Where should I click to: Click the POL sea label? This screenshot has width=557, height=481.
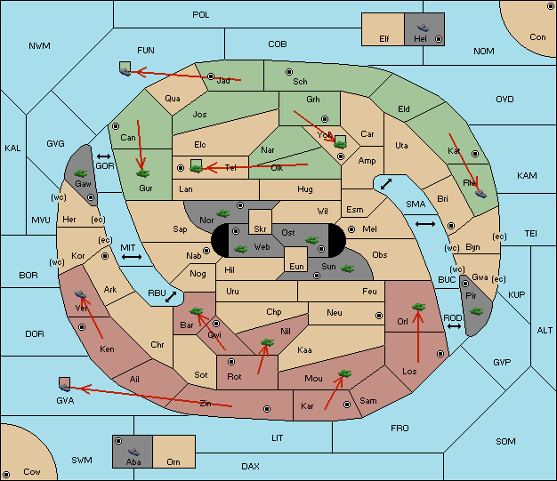201,15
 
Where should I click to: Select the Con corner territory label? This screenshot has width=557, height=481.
537,37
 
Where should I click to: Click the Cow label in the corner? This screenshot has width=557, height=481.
32,471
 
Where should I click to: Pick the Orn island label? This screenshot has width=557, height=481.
173,462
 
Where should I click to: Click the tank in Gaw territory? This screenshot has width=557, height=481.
80,171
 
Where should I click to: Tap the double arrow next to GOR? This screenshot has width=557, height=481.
105,155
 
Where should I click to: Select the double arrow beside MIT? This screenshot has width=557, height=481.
132,257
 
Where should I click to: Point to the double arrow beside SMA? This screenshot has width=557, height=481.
425,223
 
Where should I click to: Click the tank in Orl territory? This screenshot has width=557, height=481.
417,308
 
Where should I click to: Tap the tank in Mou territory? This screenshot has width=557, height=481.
344,374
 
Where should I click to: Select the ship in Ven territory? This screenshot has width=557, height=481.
81,295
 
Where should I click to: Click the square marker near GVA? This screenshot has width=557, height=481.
64,383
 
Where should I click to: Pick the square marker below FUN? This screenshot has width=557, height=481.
125,67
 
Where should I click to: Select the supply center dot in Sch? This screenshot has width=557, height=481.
287,71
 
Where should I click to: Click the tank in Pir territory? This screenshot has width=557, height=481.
476,311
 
